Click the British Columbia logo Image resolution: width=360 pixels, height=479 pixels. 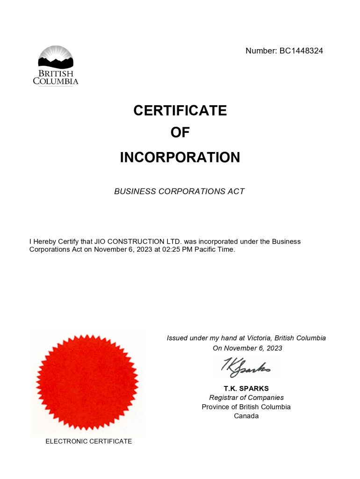[56, 65]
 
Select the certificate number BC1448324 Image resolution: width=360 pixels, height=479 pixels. [301, 51]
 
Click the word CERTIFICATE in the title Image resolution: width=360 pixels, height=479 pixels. [180, 110]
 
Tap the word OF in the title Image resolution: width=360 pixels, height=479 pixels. [180, 133]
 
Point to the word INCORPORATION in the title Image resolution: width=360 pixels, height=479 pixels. [180, 157]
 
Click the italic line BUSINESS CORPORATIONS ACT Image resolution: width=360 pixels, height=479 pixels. [179, 191]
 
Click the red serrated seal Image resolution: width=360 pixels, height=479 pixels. [87, 382]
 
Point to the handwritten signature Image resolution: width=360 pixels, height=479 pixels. [246, 367]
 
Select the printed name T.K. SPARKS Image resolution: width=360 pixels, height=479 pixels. [246, 388]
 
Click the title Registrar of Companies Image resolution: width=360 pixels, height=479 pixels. [246, 398]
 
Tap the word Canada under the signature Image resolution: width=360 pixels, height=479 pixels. [246, 416]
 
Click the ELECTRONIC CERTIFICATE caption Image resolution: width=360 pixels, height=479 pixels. [88, 441]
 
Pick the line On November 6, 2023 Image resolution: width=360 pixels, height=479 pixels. [247, 348]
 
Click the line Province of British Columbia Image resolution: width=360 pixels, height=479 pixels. [246, 407]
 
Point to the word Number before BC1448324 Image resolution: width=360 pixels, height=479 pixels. [260, 51]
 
